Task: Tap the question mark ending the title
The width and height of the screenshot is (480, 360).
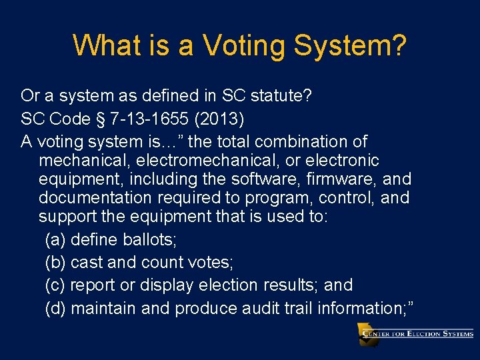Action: [398, 46]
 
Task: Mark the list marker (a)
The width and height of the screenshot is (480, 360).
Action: [55, 239]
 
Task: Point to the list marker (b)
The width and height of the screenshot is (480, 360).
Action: [55, 262]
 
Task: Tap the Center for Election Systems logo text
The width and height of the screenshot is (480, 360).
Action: [423, 333]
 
